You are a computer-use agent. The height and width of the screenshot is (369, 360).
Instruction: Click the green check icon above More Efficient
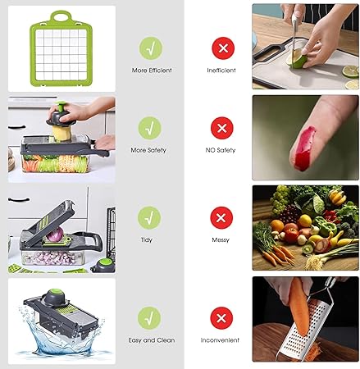(x=149, y=47)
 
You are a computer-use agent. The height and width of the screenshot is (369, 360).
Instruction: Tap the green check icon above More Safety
(x=149, y=127)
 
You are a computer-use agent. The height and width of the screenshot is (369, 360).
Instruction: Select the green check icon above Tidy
(x=149, y=217)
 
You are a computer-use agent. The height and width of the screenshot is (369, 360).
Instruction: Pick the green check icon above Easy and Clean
(x=149, y=317)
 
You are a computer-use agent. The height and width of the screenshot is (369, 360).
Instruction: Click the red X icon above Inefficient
(x=221, y=47)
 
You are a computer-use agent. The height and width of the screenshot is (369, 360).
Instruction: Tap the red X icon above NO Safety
(x=221, y=127)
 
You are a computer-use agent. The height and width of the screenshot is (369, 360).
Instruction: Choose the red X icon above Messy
(x=221, y=217)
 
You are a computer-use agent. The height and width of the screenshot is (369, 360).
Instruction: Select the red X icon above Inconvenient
(x=221, y=317)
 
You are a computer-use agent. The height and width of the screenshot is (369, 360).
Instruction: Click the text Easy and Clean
(x=149, y=339)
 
